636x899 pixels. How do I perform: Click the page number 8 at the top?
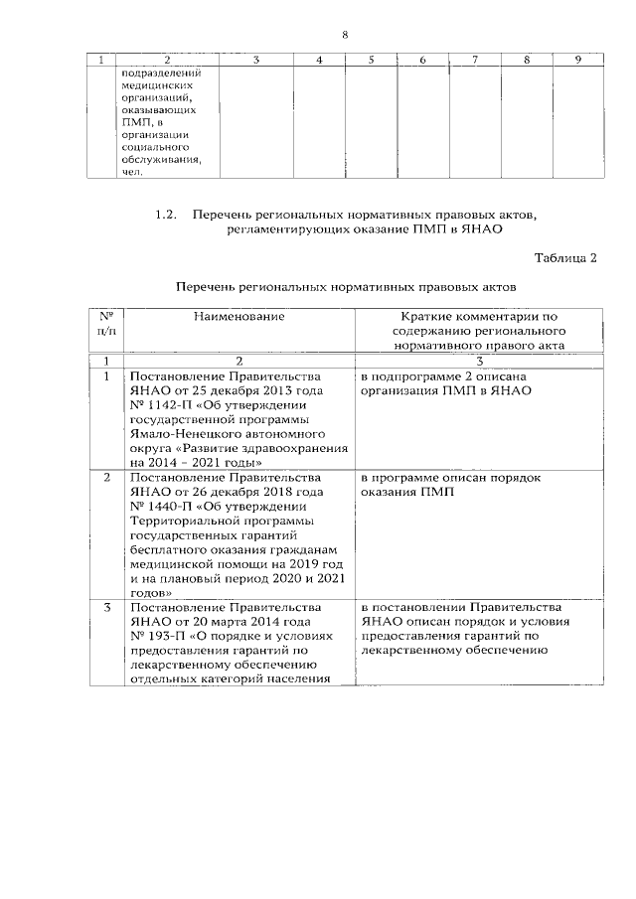tap(345, 35)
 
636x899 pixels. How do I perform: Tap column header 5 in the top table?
tap(370, 62)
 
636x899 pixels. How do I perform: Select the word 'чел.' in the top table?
tap(131, 171)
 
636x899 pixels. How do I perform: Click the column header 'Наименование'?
tap(238, 316)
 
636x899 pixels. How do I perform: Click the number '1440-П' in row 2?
tap(167, 506)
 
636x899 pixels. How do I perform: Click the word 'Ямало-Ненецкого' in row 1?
tap(181, 434)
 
